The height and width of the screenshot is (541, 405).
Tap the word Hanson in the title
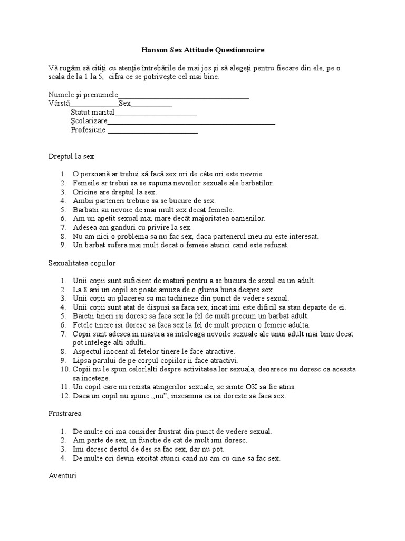coord(155,50)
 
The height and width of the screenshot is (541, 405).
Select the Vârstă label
coord(59,104)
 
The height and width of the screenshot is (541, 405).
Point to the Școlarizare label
coord(89,122)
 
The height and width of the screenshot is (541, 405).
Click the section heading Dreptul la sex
coord(71,157)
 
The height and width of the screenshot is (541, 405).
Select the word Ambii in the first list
coord(82,201)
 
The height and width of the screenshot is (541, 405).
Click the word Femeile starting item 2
coord(85,183)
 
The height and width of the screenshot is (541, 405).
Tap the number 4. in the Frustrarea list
coord(63,458)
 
